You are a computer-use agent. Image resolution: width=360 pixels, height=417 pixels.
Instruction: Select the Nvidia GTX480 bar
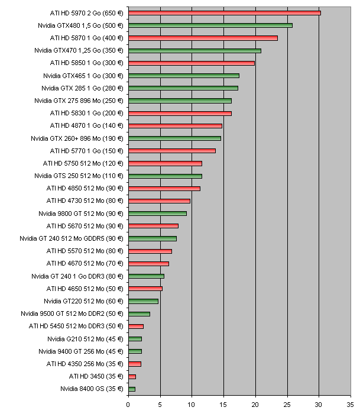[210, 25]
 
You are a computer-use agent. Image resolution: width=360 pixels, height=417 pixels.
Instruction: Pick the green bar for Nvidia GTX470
[194, 50]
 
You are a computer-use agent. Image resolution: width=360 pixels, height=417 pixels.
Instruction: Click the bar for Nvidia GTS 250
[165, 176]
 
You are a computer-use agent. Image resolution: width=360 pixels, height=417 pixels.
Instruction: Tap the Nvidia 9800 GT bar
[157, 214]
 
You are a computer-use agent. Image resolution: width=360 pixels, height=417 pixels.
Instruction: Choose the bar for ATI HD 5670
[153, 226]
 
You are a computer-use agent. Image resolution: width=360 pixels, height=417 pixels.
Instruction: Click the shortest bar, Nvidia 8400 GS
[132, 389]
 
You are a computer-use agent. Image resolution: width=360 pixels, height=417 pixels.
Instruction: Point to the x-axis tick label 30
[319, 405]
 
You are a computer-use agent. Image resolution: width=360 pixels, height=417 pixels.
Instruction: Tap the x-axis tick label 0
[128, 405]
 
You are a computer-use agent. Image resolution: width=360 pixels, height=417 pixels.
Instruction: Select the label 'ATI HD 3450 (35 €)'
[96, 376]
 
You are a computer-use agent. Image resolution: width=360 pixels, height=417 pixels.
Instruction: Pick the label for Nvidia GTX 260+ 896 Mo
[77, 138]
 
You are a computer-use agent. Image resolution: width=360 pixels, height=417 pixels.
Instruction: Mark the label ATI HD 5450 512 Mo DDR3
[76, 326]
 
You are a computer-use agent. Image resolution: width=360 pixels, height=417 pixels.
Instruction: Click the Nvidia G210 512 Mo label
[85, 339]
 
